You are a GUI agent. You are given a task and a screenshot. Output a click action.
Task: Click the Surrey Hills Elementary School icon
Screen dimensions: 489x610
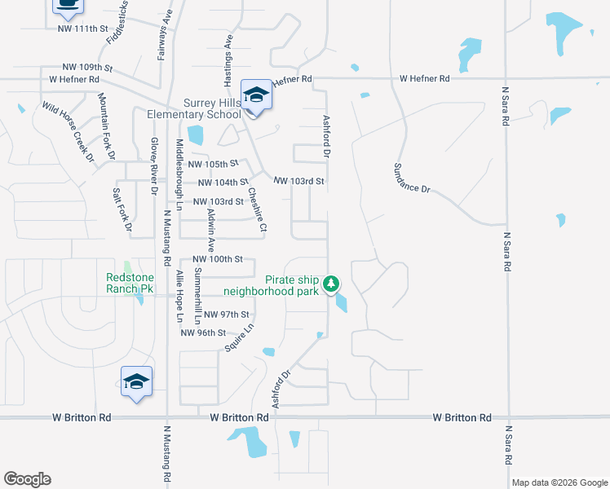(256, 96)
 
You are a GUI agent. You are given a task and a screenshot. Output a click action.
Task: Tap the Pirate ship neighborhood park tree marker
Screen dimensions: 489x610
(331, 284)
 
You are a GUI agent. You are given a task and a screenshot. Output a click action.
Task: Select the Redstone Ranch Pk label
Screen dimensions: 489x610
(130, 283)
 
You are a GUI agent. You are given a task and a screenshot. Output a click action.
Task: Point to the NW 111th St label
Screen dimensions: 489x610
(83, 29)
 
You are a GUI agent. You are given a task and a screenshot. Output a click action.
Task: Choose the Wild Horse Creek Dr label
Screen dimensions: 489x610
(69, 132)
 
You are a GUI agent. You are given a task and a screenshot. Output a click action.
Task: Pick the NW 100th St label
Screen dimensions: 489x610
(218, 259)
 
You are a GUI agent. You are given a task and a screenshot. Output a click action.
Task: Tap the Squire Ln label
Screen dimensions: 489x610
(240, 337)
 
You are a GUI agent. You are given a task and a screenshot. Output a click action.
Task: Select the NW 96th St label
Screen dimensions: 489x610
(203, 333)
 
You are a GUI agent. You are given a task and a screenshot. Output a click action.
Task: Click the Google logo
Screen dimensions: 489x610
(27, 479)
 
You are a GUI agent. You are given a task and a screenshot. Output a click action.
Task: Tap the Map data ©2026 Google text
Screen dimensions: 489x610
(559, 482)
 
